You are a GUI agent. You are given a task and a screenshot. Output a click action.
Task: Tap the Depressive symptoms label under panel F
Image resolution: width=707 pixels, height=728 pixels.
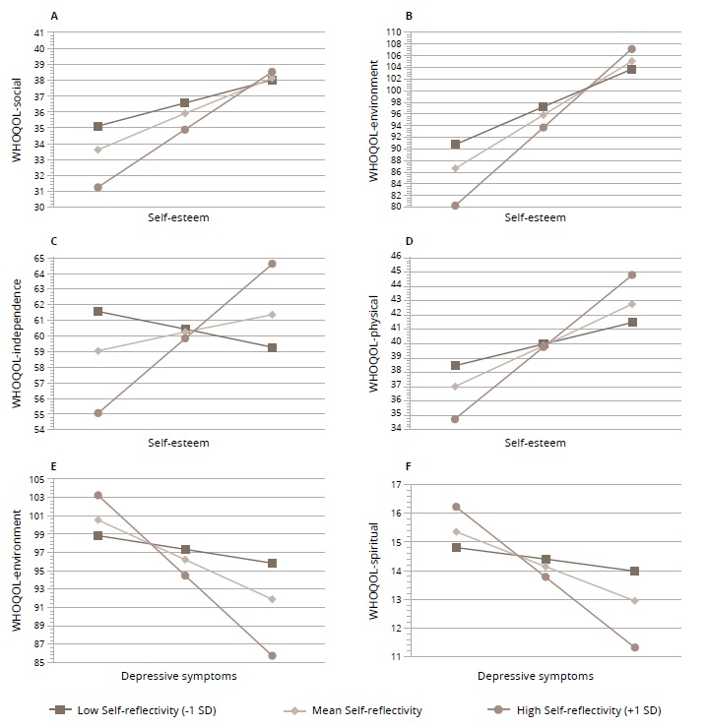tap(536, 676)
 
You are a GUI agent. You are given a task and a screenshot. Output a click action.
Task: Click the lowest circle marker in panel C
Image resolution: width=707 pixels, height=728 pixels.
tap(97, 413)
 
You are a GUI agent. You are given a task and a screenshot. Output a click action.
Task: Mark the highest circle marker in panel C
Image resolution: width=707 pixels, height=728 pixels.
tap(272, 264)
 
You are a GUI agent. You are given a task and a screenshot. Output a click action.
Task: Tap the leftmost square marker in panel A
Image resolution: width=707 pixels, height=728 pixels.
tap(97, 127)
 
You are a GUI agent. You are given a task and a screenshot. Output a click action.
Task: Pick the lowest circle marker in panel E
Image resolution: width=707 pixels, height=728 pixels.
tap(272, 655)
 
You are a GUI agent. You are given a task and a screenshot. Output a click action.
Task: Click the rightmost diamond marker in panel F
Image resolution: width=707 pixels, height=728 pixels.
tap(635, 600)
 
